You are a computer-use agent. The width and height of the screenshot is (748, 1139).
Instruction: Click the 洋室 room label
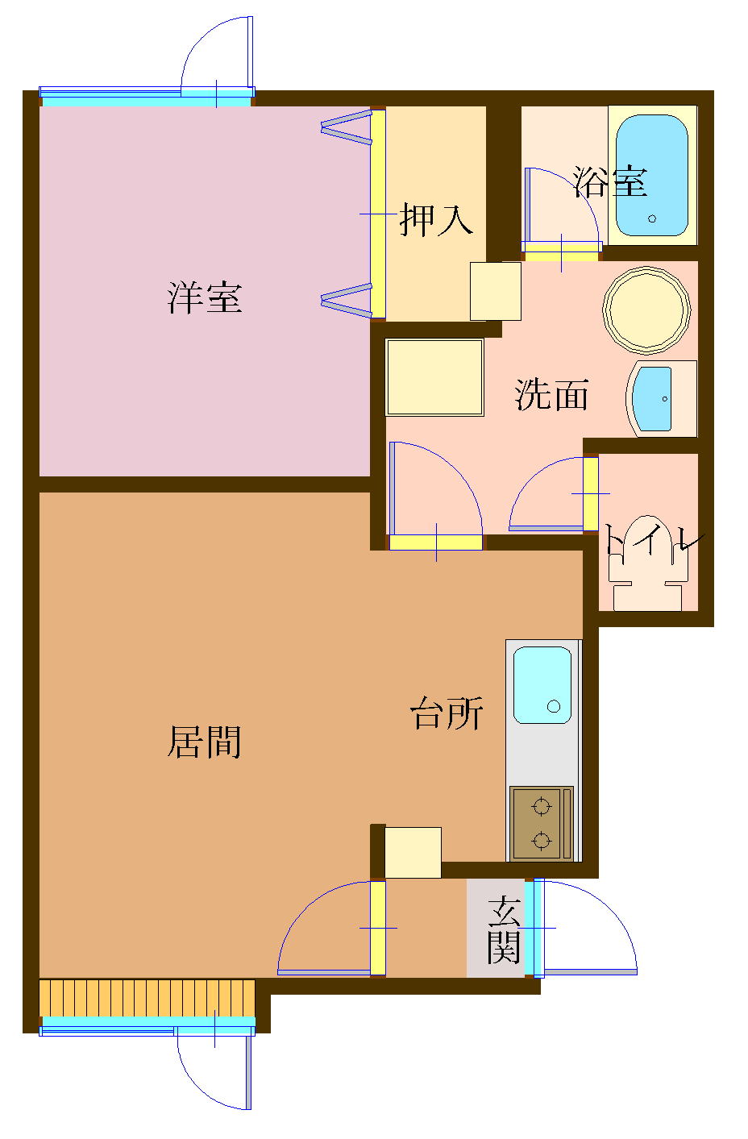point(205,297)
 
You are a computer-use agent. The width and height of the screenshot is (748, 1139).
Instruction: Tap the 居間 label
point(205,742)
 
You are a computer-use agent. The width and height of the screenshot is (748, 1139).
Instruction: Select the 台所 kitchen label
point(447,713)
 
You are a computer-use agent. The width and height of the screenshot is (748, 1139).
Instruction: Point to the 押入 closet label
point(435,218)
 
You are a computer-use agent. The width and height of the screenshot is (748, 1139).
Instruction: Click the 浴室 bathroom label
point(610,182)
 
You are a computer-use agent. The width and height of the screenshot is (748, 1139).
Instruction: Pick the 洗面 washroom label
point(552,395)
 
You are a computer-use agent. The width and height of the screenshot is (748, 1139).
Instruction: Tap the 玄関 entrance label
point(505,930)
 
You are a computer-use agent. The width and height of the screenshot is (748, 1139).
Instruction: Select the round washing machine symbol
point(646,310)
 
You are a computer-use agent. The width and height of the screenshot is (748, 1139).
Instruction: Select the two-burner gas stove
point(541,823)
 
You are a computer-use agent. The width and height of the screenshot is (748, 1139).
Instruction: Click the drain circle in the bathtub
point(652,218)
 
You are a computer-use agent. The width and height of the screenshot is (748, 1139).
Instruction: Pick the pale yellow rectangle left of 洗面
point(434,377)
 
